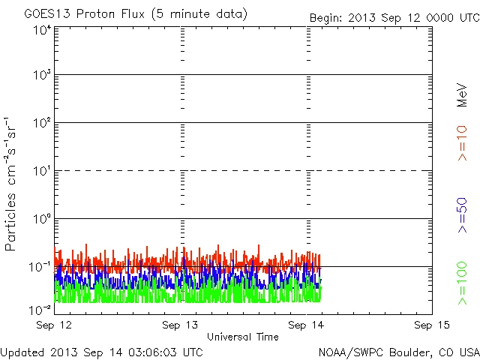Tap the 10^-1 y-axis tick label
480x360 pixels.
tap(40, 267)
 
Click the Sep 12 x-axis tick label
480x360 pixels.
tap(55, 325)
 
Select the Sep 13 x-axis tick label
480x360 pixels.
tap(180, 325)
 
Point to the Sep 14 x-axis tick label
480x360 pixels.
tap(306, 325)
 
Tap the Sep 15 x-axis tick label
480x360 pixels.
tap(431, 325)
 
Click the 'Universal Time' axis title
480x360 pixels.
tap(243, 337)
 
